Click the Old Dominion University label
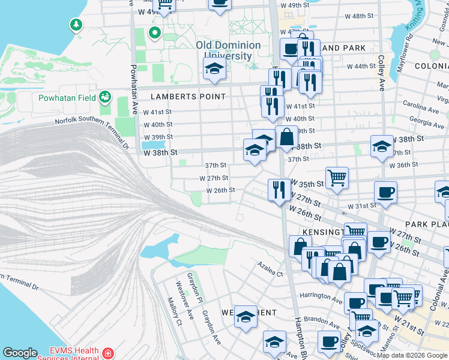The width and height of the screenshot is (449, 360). click(228, 50)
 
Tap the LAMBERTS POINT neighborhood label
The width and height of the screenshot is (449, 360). click(188, 96)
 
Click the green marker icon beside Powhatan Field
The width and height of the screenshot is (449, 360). click(105, 96)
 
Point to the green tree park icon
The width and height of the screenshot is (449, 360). click(76, 25)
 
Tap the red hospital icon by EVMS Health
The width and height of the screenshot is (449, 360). click(108, 353)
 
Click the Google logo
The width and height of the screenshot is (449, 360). click(20, 353)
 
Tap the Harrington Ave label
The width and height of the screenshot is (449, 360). click(321, 296)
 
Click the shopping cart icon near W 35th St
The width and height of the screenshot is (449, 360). click(337, 177)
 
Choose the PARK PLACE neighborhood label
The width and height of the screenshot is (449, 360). click(426, 224)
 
